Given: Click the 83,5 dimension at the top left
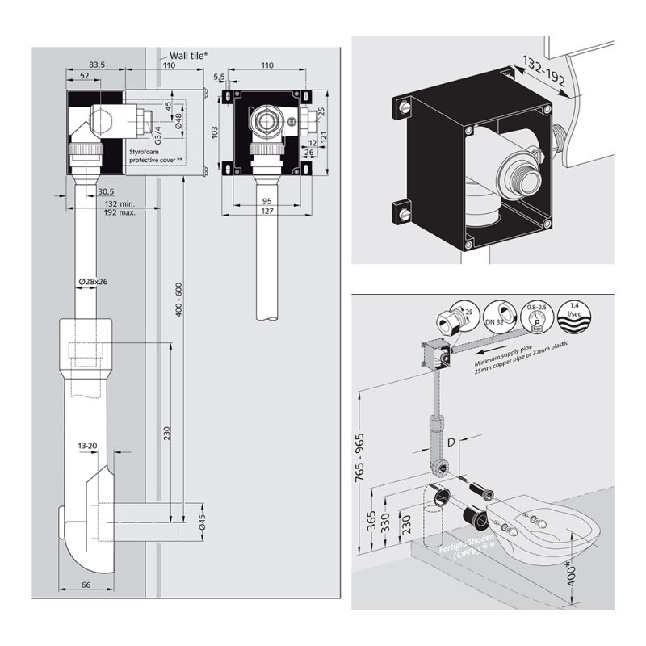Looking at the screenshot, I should click(97, 64).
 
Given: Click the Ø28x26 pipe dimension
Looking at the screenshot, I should click(94, 281).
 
